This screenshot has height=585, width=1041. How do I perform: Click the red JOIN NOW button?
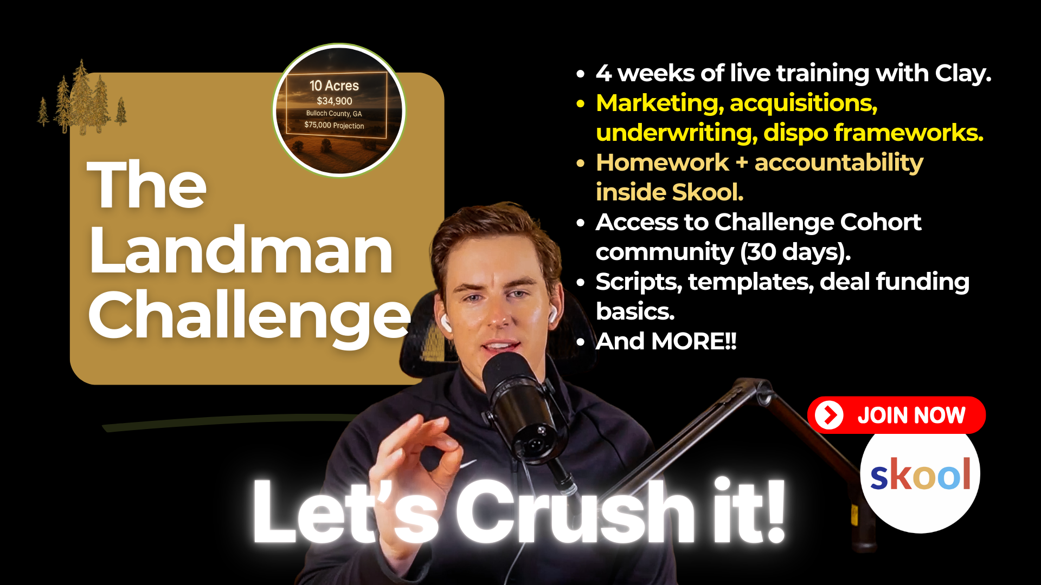click(x=896, y=415)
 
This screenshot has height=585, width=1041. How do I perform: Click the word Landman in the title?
click(x=241, y=251)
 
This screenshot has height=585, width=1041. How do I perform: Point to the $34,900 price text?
click(x=335, y=101)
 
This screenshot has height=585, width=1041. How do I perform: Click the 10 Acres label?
click(x=334, y=86)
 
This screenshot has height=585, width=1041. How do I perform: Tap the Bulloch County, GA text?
click(x=334, y=113)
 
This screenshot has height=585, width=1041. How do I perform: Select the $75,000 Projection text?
click(x=334, y=125)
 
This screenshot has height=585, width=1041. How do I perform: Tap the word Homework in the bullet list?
click(x=663, y=162)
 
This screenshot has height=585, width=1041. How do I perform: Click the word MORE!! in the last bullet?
click(x=694, y=341)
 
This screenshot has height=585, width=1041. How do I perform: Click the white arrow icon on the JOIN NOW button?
click(x=829, y=415)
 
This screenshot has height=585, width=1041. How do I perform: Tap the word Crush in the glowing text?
click(x=575, y=511)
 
